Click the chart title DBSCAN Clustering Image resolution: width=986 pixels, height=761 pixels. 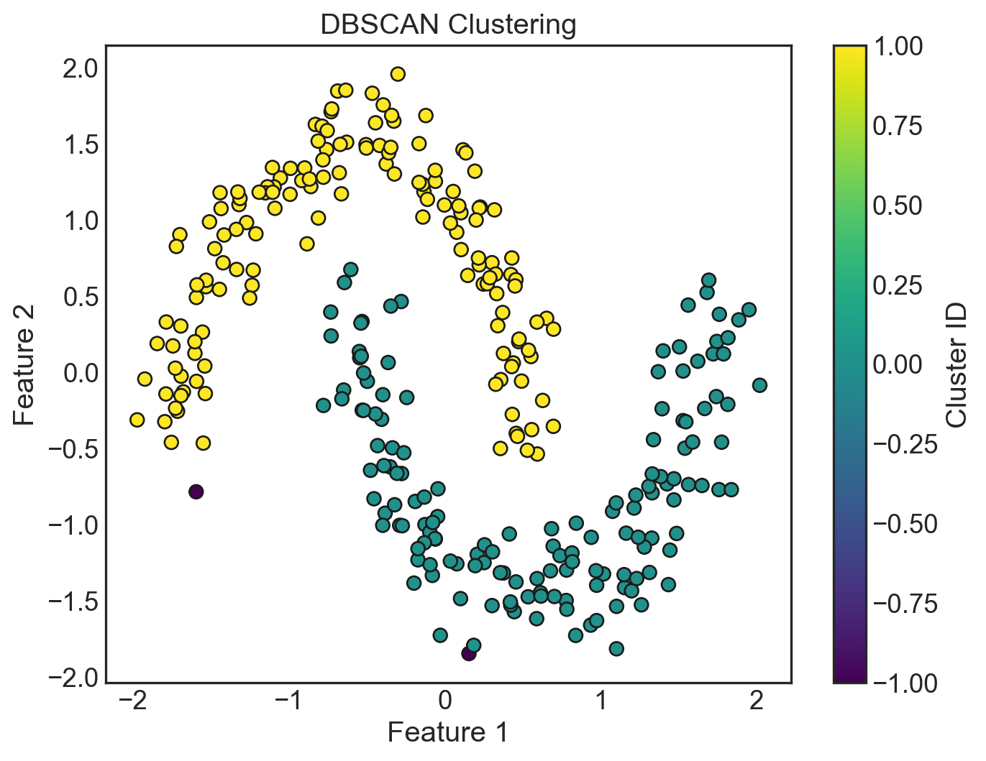click(448, 25)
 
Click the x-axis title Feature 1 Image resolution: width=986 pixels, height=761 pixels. click(447, 732)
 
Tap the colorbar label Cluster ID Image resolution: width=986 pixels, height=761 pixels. click(957, 364)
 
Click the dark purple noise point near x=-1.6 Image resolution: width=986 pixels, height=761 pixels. click(196, 492)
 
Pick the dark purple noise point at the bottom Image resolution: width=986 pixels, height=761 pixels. click(468, 653)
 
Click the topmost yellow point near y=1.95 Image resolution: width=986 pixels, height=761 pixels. click(398, 74)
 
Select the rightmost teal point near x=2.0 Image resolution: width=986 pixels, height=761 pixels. click(759, 385)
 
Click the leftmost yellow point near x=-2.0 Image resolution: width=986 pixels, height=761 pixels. click(137, 420)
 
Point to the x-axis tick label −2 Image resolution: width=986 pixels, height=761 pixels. click(132, 701)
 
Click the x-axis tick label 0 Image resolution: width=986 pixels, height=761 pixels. click(444, 701)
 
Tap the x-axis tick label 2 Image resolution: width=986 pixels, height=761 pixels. click(757, 701)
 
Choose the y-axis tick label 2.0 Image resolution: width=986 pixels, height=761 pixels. click(79, 69)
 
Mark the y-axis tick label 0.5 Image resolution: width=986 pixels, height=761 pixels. click(79, 297)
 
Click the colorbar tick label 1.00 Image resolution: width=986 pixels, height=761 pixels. click(898, 46)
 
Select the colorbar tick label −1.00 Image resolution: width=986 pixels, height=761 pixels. click(905, 683)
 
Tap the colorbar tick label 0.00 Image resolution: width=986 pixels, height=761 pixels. click(898, 364)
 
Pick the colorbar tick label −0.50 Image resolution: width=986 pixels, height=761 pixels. click(905, 524)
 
